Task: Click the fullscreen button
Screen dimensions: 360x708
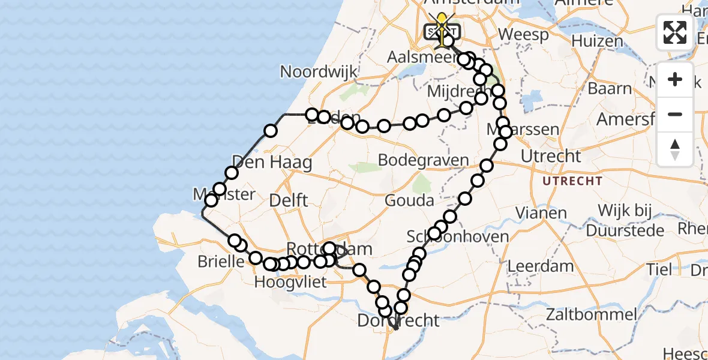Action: pos(675,32)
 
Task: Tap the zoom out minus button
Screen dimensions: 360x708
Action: pos(675,114)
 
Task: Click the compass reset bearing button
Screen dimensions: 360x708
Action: pos(675,149)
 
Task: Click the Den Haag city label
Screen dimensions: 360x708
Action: pos(272,162)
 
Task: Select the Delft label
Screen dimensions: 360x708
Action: pos(289,200)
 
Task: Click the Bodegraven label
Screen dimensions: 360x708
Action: pos(424,160)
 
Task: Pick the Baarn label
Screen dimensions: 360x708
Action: pos(610,89)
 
